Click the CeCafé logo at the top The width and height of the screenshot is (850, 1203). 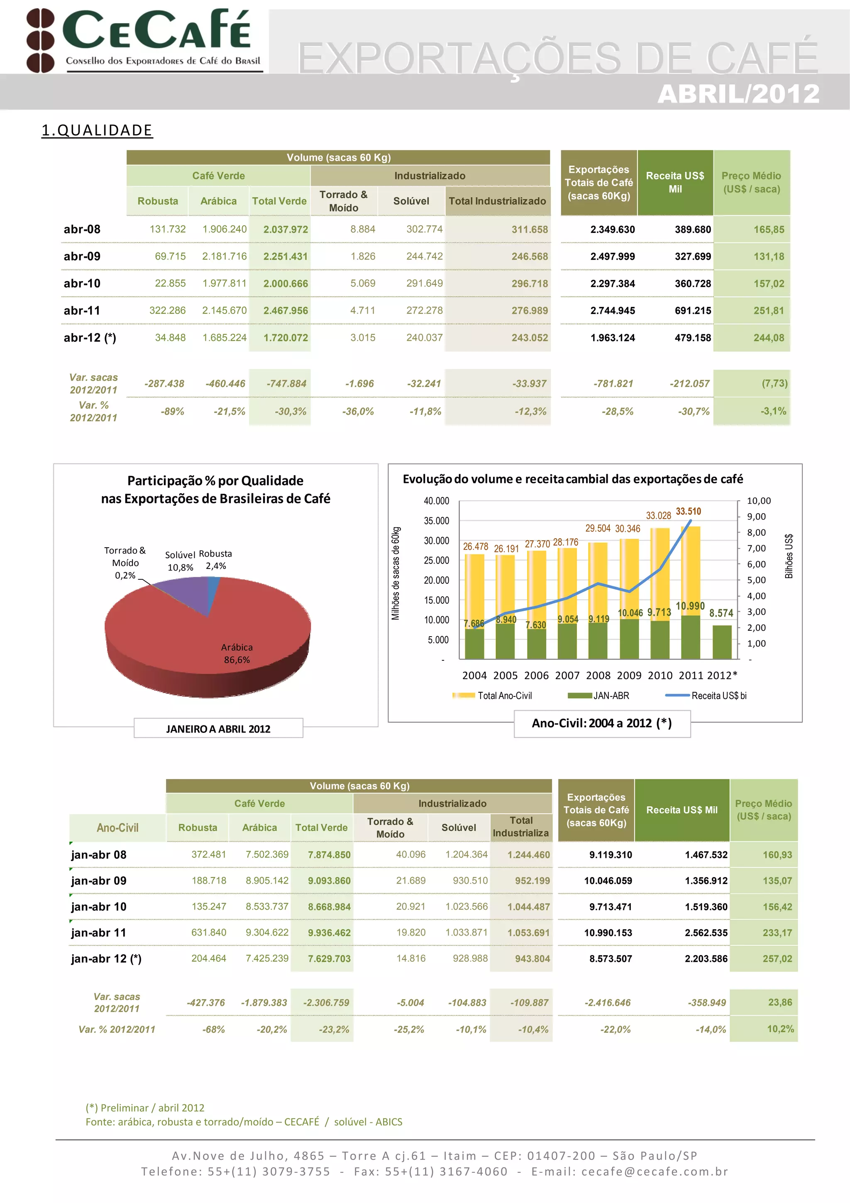(144, 40)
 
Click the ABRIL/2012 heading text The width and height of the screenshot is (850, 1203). (738, 94)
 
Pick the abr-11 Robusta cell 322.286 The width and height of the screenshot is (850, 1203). (167, 311)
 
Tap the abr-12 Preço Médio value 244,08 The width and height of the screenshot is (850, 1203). (768, 338)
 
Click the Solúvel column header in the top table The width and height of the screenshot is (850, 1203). (411, 201)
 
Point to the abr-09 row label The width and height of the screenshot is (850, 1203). (82, 256)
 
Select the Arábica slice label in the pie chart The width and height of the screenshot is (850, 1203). (237, 653)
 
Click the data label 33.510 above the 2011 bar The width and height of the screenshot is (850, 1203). (688, 511)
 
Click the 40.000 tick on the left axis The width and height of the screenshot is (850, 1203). (436, 501)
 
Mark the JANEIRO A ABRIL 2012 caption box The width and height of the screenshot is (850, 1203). (218, 729)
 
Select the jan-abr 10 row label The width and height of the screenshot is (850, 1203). (98, 907)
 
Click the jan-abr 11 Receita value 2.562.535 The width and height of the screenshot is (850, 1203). (706, 933)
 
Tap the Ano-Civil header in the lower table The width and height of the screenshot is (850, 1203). (117, 828)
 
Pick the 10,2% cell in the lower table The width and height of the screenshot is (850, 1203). (780, 1029)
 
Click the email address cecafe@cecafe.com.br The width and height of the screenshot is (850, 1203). (654, 1171)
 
